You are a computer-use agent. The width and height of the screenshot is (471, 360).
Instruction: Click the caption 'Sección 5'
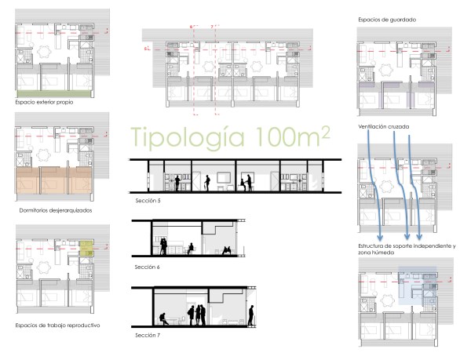148,202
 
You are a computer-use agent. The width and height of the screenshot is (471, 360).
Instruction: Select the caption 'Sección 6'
148,267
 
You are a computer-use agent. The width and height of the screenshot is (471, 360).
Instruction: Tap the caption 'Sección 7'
148,335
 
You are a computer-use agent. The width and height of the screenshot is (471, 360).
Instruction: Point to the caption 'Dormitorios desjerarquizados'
56,210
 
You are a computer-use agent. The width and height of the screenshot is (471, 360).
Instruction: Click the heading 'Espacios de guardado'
387,19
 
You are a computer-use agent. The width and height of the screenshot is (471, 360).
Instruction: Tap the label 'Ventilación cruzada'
385,126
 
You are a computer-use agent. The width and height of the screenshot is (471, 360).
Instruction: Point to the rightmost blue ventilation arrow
419,188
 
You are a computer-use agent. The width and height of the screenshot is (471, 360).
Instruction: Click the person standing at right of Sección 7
252,315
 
